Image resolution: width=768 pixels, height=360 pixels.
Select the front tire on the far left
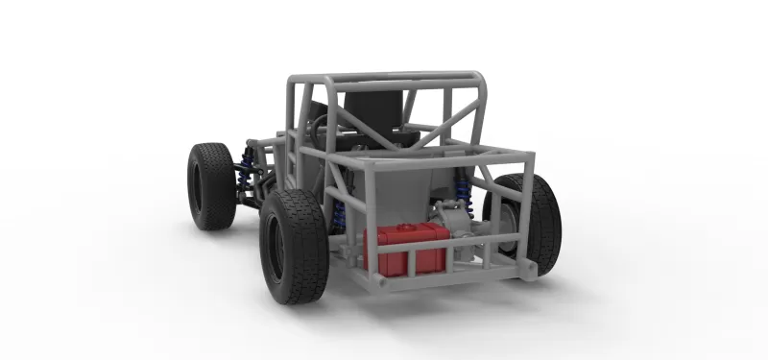tap(210, 185)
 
